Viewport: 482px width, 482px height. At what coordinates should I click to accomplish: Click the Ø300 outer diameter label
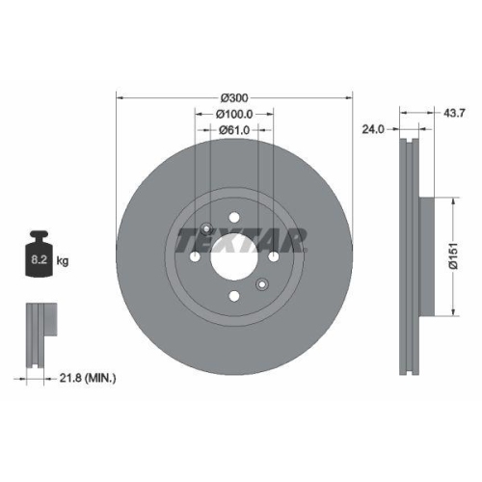[x=234, y=98]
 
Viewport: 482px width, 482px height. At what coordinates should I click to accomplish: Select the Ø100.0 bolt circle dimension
[x=234, y=114]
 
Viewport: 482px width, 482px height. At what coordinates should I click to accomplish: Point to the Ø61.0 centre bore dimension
[x=234, y=129]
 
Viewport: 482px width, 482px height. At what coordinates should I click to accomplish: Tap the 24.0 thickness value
[x=374, y=125]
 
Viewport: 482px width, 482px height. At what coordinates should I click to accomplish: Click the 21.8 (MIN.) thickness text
[x=85, y=380]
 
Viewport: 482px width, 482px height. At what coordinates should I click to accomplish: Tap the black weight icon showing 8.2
[x=40, y=255]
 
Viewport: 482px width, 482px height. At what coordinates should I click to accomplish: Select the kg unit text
[x=64, y=260]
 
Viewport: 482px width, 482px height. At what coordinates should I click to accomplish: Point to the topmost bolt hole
[x=234, y=219]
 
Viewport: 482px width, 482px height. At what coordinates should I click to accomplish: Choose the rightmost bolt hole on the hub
[x=274, y=258]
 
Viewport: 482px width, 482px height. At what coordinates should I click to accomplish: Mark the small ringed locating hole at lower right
[x=261, y=284]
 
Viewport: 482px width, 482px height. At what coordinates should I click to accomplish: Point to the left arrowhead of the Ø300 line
[x=120, y=98]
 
